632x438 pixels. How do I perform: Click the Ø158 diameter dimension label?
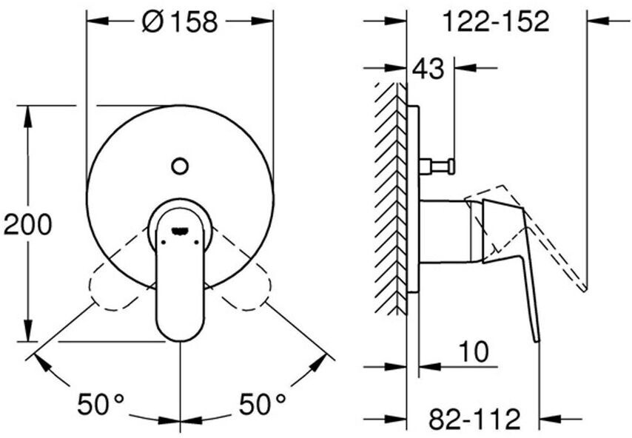tap(180, 22)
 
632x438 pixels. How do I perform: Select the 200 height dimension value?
tap(28, 223)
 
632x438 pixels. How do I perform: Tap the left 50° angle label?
tap(101, 404)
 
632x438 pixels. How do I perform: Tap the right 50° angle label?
tap(262, 404)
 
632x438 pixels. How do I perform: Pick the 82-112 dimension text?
tap(474, 420)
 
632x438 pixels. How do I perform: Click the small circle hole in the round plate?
tap(180, 166)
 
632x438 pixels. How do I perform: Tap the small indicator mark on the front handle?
tap(180, 231)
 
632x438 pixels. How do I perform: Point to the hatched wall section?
tap(391, 200)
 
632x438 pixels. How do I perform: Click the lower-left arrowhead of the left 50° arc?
tap(37, 360)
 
